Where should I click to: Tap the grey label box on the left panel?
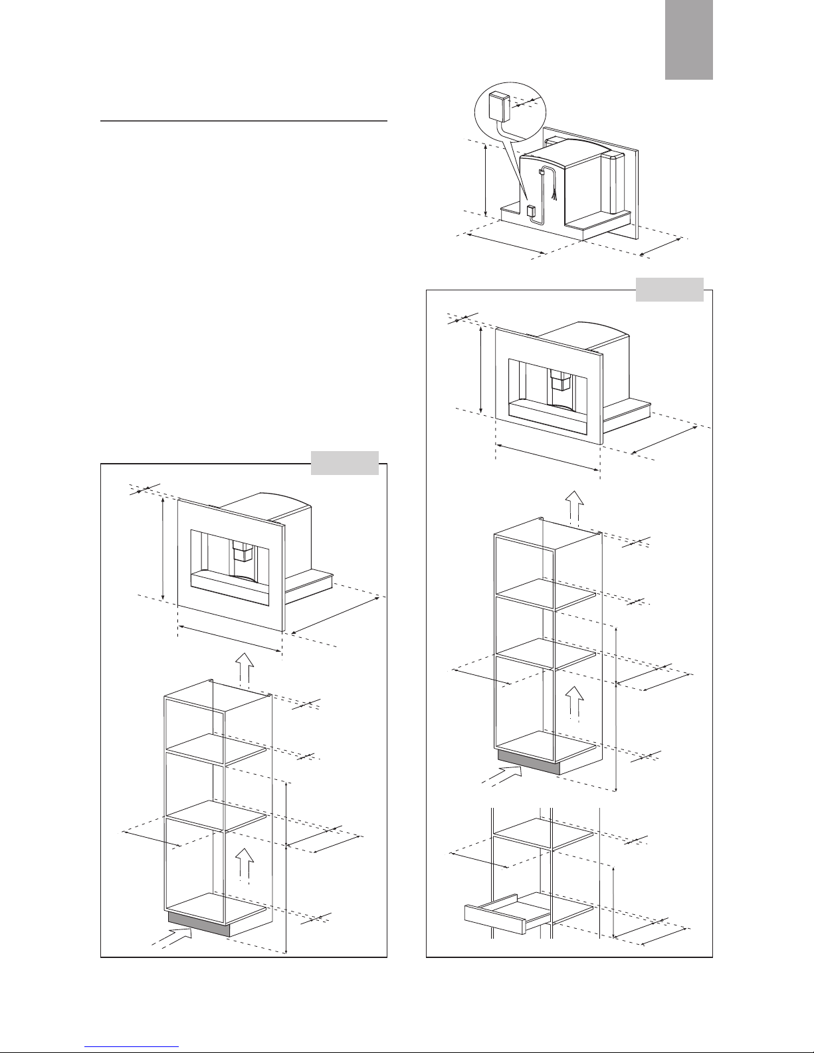pos(345,463)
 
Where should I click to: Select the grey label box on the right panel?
pos(669,290)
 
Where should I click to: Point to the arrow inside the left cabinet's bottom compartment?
pos(245,864)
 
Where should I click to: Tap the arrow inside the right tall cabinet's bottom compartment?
pos(575,703)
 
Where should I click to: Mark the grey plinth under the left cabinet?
pos(199,924)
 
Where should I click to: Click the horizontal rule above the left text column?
pos(243,122)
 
